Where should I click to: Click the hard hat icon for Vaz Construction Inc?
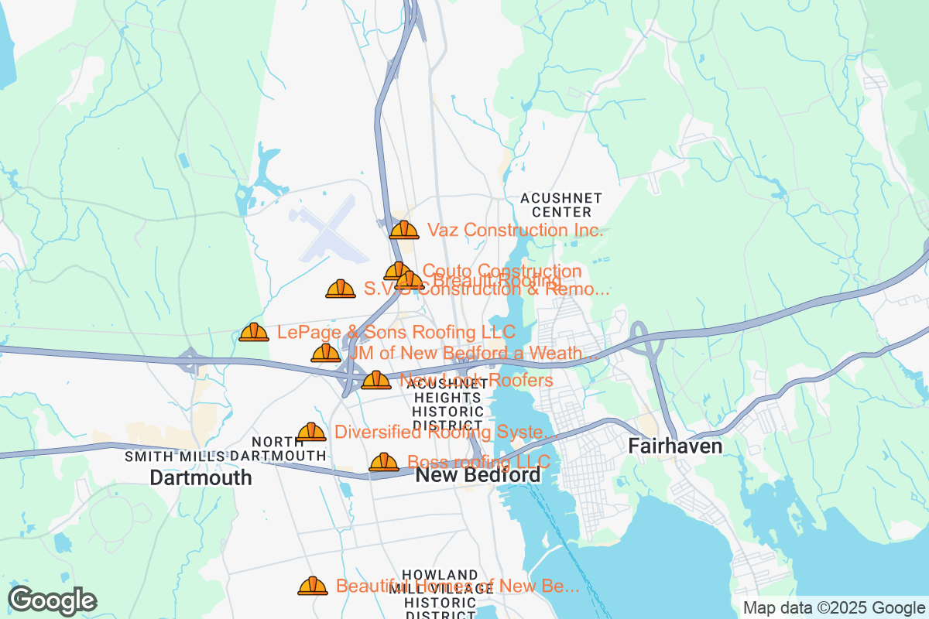(x=404, y=230)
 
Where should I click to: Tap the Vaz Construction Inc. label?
(x=514, y=230)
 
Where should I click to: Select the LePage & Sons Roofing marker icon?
(x=254, y=333)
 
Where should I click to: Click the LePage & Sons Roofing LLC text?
(x=396, y=332)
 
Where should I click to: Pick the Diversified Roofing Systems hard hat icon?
(x=311, y=432)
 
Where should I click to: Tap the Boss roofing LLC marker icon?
(x=384, y=463)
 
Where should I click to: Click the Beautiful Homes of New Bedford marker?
(x=313, y=587)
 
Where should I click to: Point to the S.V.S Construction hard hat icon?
(x=341, y=289)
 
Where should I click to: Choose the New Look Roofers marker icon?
(x=376, y=380)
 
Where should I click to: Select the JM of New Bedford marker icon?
(x=326, y=354)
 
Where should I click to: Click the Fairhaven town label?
(x=675, y=446)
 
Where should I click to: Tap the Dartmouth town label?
(x=201, y=477)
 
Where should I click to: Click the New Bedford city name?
(x=478, y=475)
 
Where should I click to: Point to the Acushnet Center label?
(x=556, y=205)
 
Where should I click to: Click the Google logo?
(x=52, y=600)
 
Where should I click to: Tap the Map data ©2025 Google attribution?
(x=834, y=607)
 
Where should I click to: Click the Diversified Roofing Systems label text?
(x=446, y=432)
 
